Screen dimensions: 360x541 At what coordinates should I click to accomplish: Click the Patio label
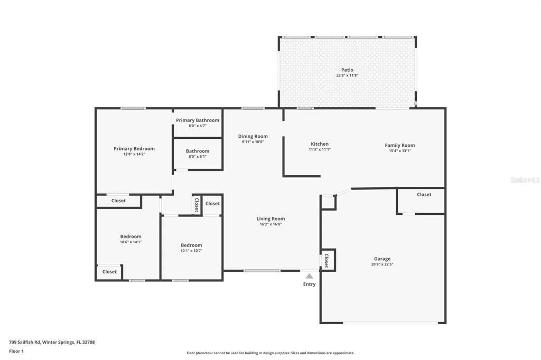347,70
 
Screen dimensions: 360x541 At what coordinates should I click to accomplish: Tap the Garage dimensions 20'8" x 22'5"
382,264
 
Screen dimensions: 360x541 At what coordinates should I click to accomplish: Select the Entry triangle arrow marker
310,276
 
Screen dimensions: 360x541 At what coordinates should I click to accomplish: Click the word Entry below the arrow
310,285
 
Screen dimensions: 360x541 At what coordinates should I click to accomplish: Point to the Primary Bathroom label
198,120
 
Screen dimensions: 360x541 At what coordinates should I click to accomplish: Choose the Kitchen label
320,144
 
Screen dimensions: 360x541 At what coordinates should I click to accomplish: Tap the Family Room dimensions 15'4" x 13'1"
400,151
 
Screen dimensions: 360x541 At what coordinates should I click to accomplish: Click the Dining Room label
253,136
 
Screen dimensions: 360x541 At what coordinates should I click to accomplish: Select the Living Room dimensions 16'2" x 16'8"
270,224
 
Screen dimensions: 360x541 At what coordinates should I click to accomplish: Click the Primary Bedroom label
134,149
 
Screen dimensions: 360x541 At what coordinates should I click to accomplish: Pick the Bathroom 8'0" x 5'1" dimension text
198,157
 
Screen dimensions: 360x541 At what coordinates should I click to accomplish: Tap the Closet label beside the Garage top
424,195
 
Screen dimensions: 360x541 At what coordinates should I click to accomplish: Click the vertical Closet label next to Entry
327,260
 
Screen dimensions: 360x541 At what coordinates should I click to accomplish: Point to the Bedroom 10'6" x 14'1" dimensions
130,242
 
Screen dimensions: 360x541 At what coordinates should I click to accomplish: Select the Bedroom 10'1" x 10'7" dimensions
191,251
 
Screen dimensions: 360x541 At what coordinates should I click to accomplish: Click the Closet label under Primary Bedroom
118,201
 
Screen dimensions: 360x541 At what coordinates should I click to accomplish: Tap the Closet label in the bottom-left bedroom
109,272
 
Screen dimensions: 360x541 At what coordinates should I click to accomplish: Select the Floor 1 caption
16,351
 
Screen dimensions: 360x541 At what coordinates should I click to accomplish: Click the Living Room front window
262,271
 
